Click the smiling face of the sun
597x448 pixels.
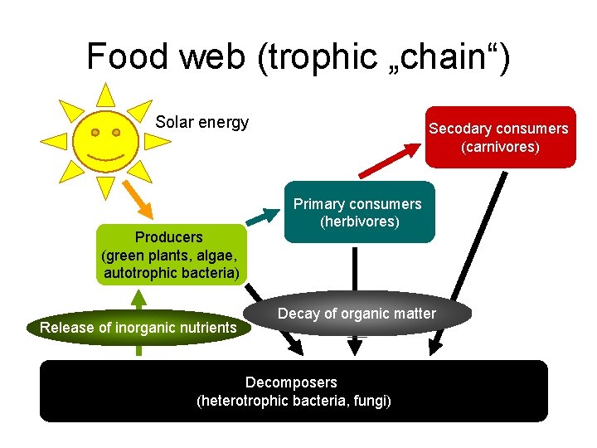[105, 142]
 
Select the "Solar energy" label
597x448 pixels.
[202, 123]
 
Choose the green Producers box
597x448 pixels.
[171, 255]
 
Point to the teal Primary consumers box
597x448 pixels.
[359, 212]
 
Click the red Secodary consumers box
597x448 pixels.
[499, 138]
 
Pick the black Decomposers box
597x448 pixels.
[294, 391]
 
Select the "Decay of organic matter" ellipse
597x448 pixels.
[357, 314]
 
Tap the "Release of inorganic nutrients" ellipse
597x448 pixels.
[138, 328]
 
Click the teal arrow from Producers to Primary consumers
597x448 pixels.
[265, 217]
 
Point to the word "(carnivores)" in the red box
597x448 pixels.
[500, 148]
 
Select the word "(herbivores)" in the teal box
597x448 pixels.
[359, 222]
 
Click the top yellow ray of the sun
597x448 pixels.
[104, 94]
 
